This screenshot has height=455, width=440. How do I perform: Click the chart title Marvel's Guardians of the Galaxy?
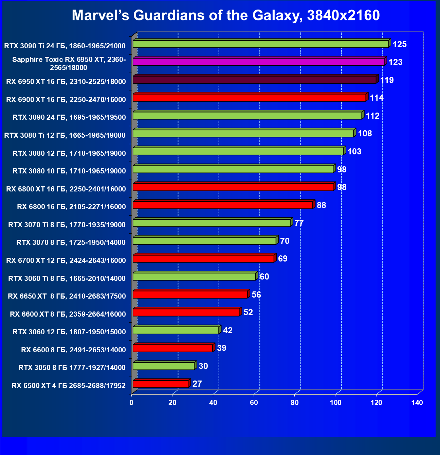tap(225, 15)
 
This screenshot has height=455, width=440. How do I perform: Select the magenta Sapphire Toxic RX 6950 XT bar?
tap(258, 62)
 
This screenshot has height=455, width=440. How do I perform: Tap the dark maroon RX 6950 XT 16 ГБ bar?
tap(254, 80)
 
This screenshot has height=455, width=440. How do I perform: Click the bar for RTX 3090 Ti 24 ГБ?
tap(260, 44)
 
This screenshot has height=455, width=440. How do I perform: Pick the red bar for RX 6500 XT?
tap(160, 384)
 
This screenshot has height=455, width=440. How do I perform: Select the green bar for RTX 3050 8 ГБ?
tap(163, 366)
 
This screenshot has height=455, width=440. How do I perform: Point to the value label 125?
tap(400, 45)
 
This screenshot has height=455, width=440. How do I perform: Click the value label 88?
tap(321, 205)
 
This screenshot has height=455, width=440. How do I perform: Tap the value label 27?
tap(197, 384)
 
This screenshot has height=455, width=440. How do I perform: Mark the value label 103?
tap(354, 152)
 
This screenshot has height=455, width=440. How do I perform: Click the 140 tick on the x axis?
tap(417, 403)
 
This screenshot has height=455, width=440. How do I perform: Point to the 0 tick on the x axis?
tap(131, 403)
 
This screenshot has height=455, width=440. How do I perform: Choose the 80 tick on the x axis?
tap(295, 403)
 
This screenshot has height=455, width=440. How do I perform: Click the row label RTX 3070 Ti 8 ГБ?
tap(67, 225)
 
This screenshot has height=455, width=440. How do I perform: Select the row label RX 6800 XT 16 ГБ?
tap(66, 189)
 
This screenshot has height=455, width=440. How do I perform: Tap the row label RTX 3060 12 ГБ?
tap(69, 332)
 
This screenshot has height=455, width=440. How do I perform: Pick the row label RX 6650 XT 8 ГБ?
tap(67, 296)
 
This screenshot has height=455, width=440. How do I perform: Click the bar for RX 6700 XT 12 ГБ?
tap(203, 259)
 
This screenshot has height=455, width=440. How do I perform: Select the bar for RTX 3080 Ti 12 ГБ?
tap(243, 133)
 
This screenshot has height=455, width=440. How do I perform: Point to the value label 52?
tap(248, 313)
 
